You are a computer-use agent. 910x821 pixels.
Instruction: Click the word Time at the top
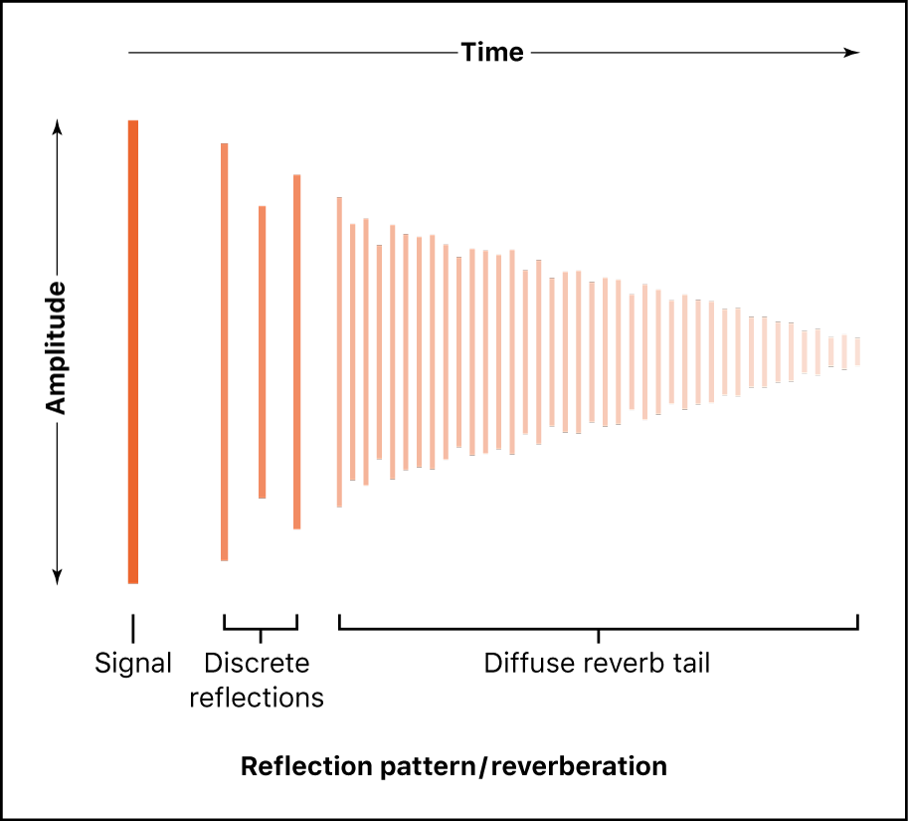point(492,52)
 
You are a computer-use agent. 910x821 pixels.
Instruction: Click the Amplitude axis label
point(56,348)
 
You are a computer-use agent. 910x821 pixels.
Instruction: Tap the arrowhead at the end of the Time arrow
point(851,52)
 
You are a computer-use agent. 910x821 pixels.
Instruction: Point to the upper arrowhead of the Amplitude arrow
point(57,127)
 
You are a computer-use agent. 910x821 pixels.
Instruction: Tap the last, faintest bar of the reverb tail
point(857,351)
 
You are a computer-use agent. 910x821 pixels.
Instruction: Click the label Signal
point(133,663)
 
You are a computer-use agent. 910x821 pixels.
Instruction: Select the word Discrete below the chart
point(257,663)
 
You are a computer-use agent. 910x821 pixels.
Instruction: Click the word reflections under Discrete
point(257,698)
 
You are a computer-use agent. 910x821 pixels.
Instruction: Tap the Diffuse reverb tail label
point(597,663)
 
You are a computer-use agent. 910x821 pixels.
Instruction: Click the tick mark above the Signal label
point(133,627)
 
